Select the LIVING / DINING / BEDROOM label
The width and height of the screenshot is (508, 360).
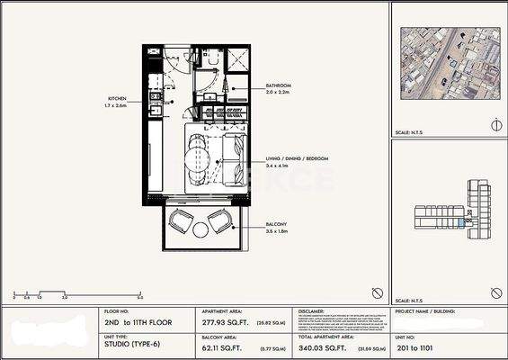pyautogui.click(x=298, y=158)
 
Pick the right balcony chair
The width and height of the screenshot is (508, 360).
pyautogui.click(x=219, y=221)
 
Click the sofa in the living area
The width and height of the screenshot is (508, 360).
pyautogui.click(x=231, y=157)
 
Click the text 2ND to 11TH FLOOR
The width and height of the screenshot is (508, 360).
pyautogui.click(x=139, y=321)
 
